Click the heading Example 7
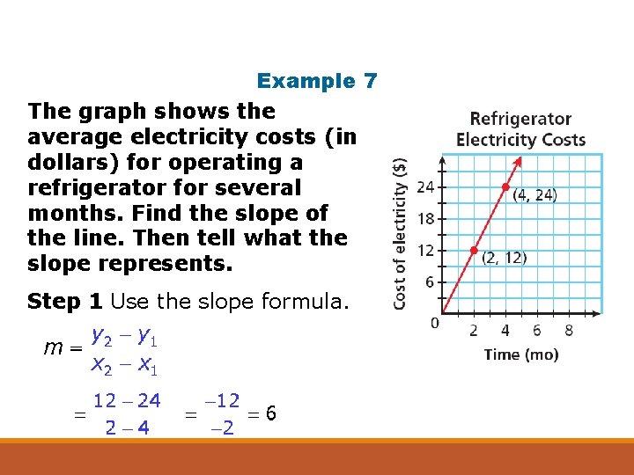click(317, 81)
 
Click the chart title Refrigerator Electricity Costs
click(520, 128)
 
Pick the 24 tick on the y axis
click(425, 186)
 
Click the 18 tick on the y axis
click(425, 218)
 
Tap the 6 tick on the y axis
click(429, 281)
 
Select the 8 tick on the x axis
click(569, 330)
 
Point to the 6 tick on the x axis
click(536, 330)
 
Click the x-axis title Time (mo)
click(520, 354)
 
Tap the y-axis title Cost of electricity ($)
click(401, 232)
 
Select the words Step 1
click(65, 302)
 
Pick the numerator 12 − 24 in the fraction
click(127, 401)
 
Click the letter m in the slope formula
click(53, 348)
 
